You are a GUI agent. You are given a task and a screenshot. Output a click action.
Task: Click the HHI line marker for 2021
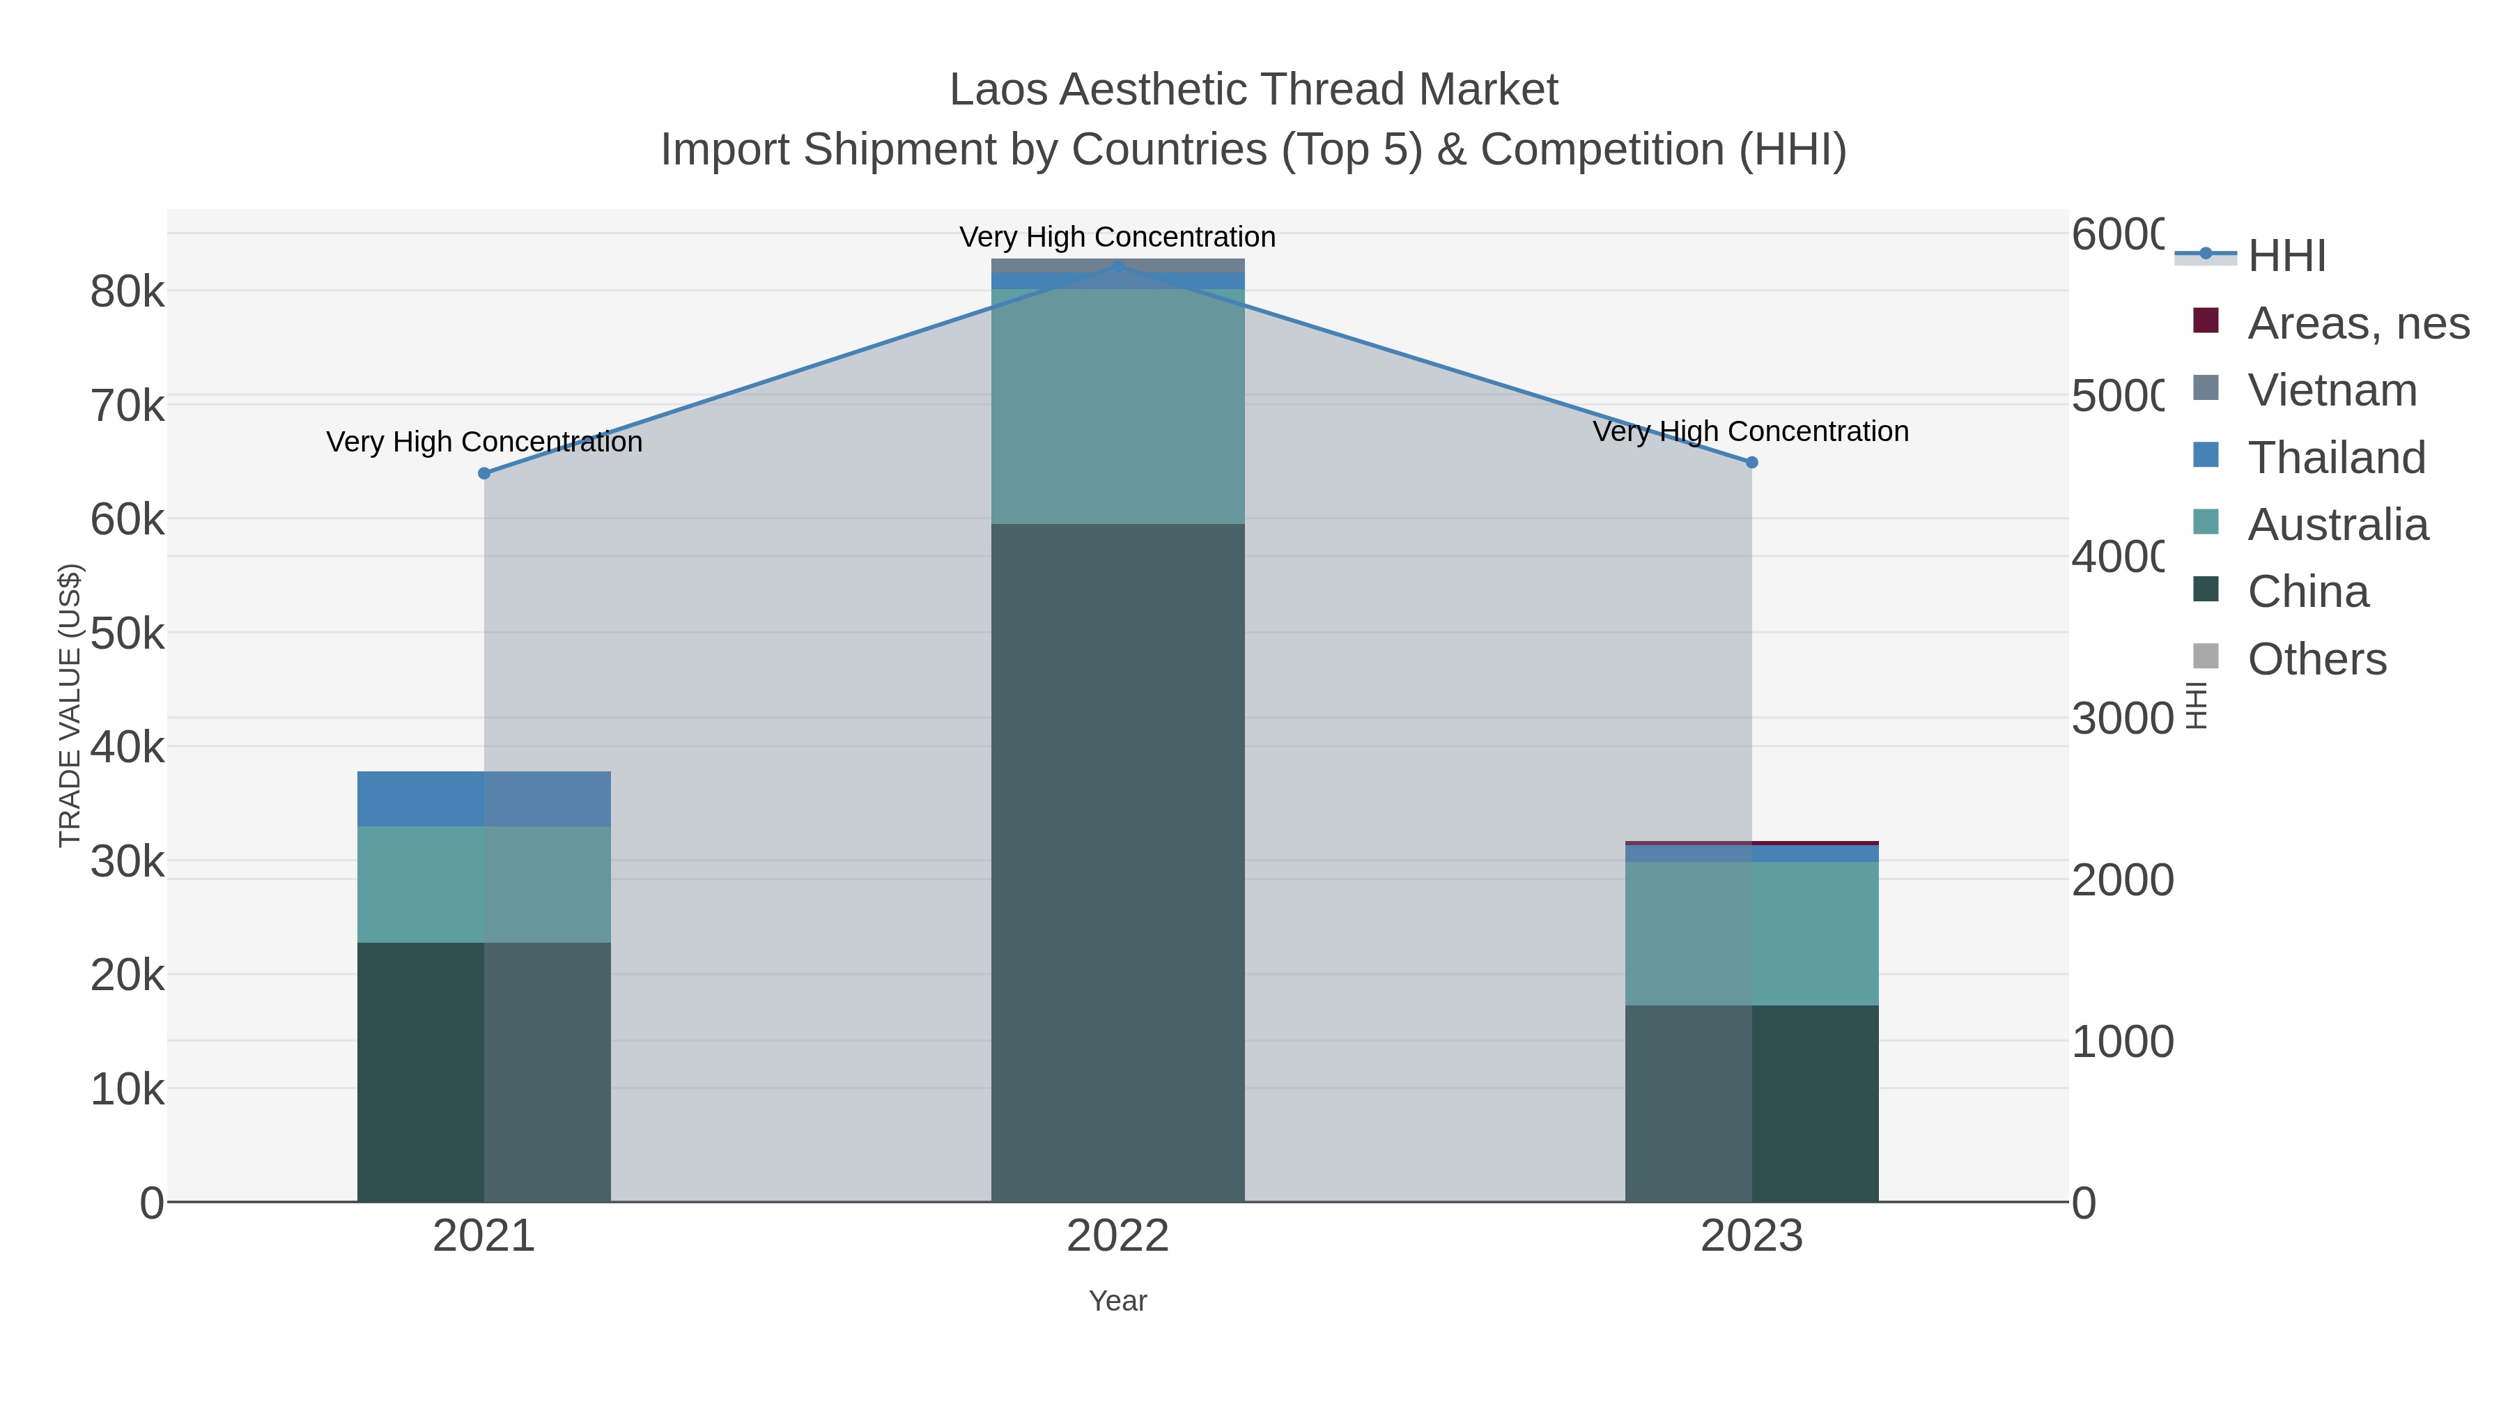pos(484,473)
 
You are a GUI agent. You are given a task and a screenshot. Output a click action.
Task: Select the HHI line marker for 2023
pos(1751,463)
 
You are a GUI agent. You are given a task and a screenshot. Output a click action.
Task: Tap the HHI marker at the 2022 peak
pos(1117,266)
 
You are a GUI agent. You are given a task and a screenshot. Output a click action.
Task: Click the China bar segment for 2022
pos(1117,862)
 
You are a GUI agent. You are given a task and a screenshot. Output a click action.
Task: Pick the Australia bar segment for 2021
pos(484,884)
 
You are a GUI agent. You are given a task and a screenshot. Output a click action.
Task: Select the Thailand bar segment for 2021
pos(484,799)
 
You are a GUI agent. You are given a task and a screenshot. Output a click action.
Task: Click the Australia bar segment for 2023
pos(1751,933)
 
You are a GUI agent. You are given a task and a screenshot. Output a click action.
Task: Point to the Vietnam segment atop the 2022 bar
pos(1117,264)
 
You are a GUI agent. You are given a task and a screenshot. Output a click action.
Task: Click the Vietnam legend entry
pos(2332,390)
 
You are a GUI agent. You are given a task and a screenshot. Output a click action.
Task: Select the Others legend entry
pos(2316,659)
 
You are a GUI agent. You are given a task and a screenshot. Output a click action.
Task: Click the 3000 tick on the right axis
pos(2121,718)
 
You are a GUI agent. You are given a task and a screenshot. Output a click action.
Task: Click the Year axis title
pos(1117,1301)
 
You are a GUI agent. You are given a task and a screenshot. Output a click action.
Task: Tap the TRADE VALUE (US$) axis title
pos(70,705)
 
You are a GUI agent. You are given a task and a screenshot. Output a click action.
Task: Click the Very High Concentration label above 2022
pos(1117,237)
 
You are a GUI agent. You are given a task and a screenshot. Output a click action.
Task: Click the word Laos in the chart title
pos(999,90)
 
